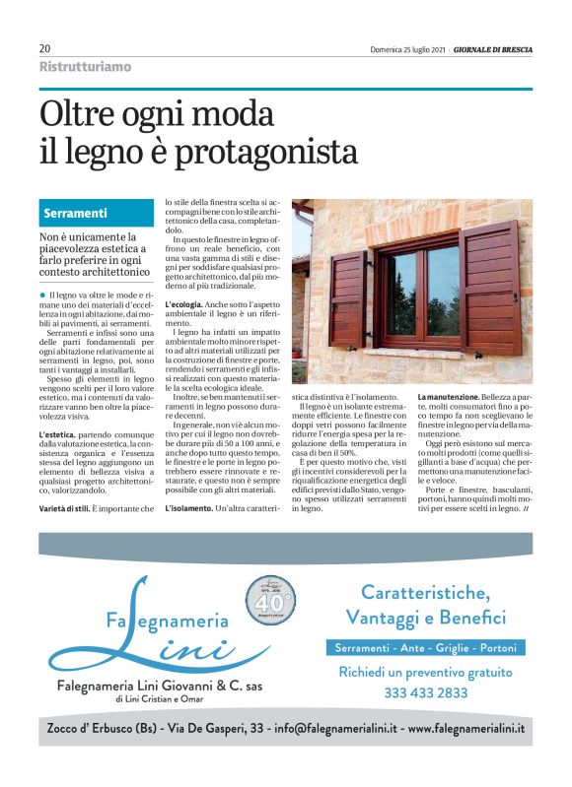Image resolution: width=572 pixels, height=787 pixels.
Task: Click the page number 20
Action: coord(45,48)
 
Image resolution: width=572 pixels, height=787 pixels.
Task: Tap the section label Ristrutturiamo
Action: coord(85,67)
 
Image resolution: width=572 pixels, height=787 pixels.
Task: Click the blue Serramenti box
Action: coord(94,213)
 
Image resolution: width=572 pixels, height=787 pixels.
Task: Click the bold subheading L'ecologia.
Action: coord(190,304)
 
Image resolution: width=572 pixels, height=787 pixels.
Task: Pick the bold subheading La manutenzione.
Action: coord(454,396)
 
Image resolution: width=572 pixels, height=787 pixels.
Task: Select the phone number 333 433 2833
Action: coord(425,692)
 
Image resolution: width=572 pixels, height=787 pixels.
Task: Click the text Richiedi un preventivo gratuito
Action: coord(425,672)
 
